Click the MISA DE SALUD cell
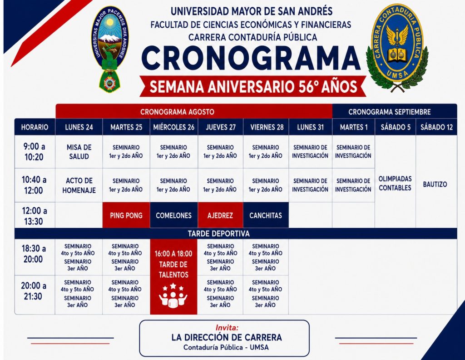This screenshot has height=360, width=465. click(79, 152)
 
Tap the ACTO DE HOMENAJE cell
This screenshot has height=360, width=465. click(79, 185)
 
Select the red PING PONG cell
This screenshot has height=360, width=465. click(126, 215)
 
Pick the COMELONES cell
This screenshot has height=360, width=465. click(174, 215)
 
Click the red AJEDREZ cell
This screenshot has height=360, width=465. click(220, 215)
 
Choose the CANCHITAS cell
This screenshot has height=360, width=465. click(266, 215)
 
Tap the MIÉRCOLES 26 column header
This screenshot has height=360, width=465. click(174, 127)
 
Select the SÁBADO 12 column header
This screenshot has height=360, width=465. click(436, 127)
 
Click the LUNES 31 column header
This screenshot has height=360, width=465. click(311, 127)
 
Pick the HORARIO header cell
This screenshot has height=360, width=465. click(35, 127)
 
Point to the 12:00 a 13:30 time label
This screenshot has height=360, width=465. click(34, 216)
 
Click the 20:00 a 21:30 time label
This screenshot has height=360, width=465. click(34, 291)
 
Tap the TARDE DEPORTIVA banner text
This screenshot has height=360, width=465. click(218, 234)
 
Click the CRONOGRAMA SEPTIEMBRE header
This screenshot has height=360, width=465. click(389, 112)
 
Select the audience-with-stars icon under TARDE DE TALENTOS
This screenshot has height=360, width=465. click(173, 295)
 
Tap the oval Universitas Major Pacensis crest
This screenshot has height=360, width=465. click(110, 47)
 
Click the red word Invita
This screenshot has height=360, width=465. click(227, 328)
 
